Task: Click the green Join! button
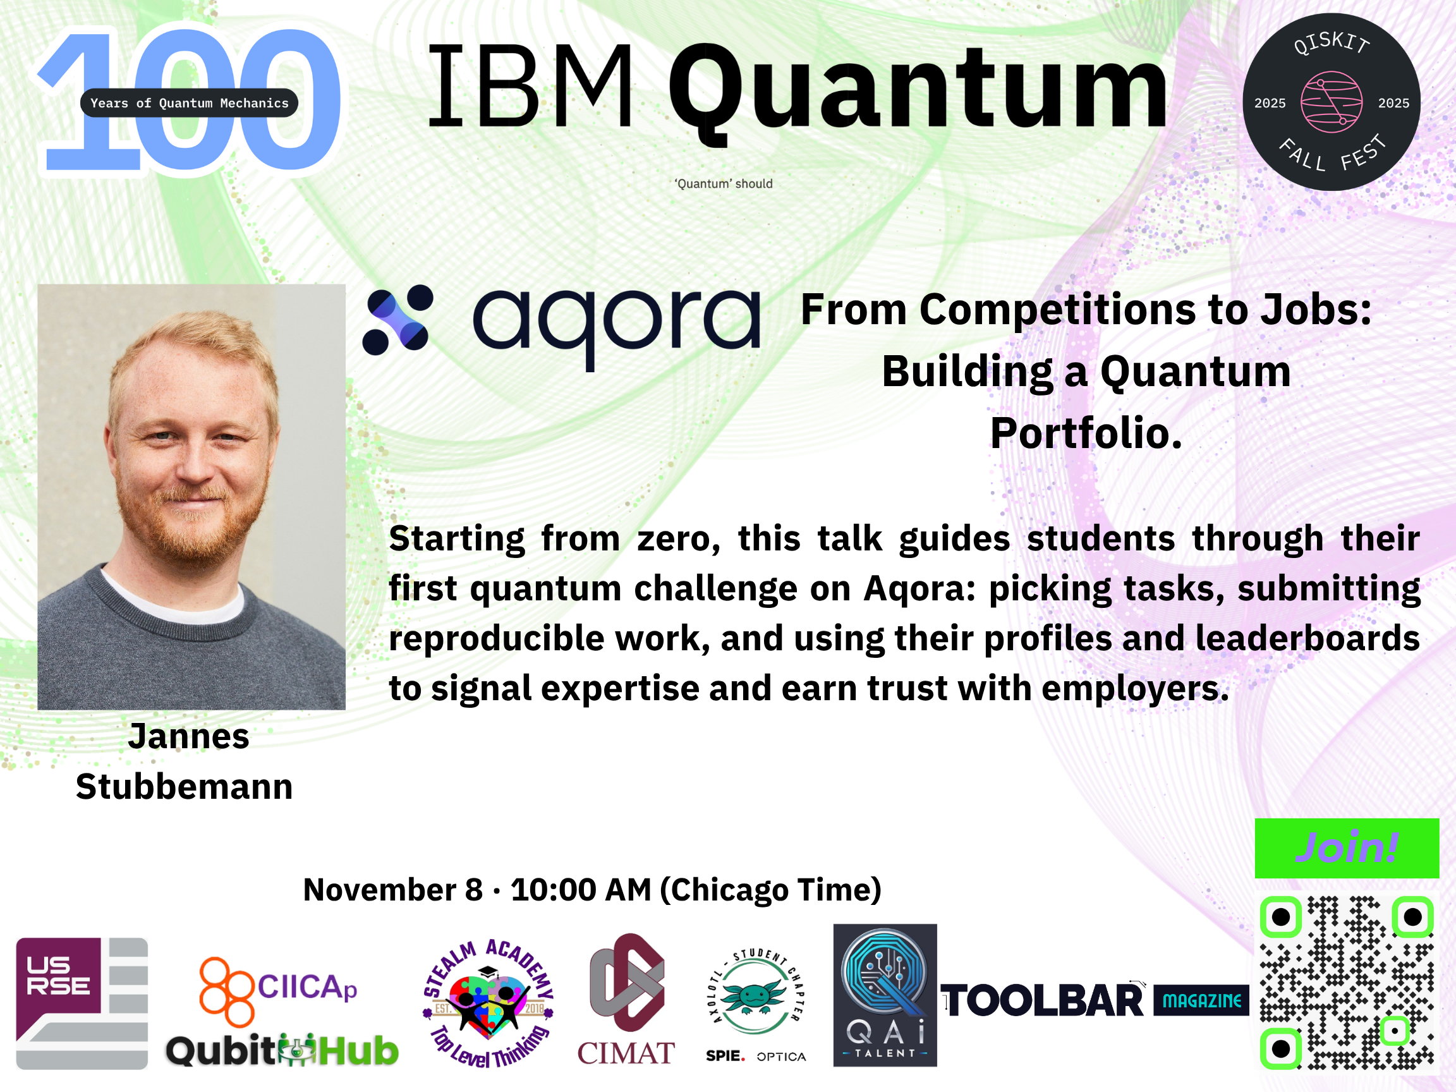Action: click(x=1347, y=848)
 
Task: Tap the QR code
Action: click(x=1347, y=983)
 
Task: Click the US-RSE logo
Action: click(x=82, y=1003)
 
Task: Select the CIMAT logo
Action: click(x=626, y=1000)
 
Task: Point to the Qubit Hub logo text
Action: click(x=282, y=1050)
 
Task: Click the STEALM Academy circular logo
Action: click(x=488, y=1003)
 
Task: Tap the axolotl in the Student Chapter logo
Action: click(x=755, y=997)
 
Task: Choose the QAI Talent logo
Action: click(x=885, y=995)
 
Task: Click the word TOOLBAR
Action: click(x=1043, y=1001)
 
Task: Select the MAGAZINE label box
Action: click(x=1201, y=1000)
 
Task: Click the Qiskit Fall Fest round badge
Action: click(x=1331, y=102)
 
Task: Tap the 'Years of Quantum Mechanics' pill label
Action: click(x=189, y=102)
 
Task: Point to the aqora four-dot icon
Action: click(x=398, y=320)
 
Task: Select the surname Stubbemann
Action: click(x=185, y=787)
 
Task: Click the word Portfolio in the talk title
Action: click(x=1086, y=434)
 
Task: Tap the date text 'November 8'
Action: click(x=393, y=890)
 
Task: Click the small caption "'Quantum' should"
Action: click(x=724, y=184)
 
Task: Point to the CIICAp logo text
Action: click(x=307, y=986)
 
